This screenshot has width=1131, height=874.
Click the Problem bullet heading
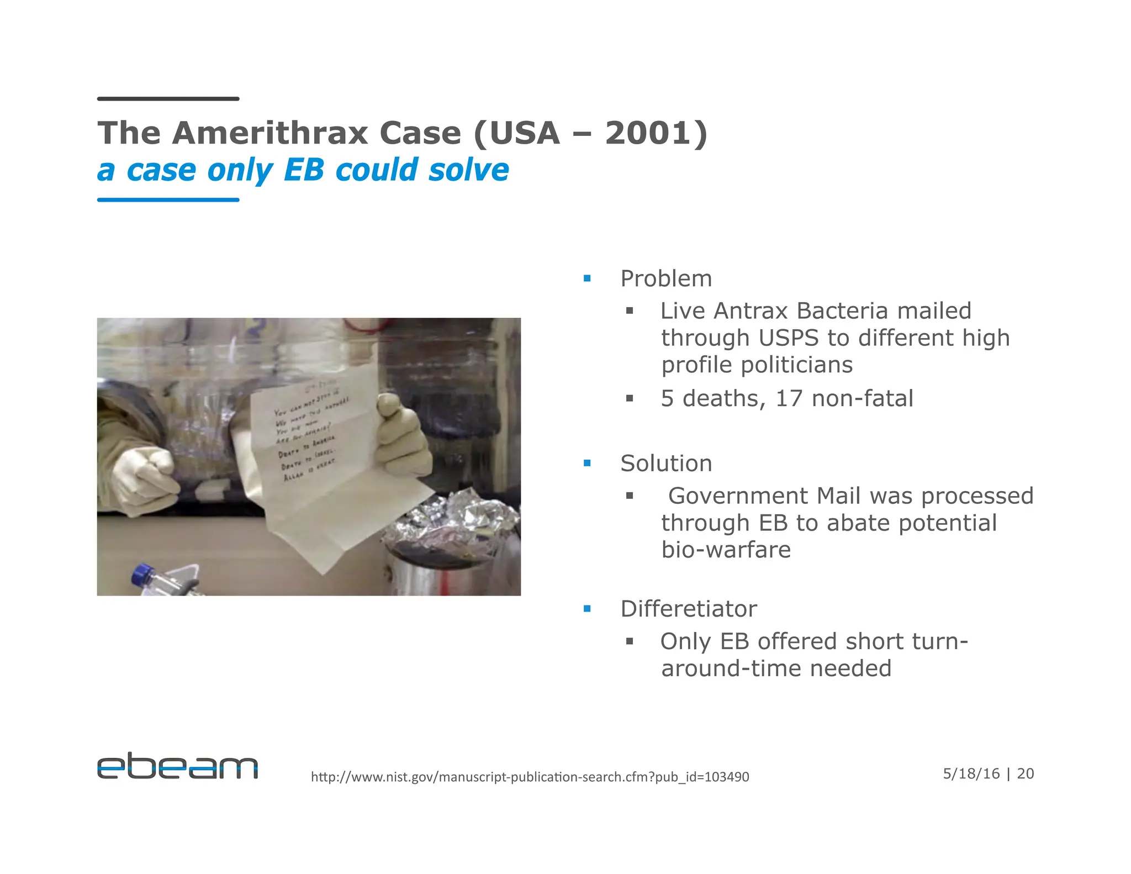pyautogui.click(x=666, y=278)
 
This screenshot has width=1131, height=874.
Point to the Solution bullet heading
pyautogui.click(x=666, y=464)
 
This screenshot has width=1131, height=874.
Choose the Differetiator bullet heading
pyautogui.click(x=689, y=609)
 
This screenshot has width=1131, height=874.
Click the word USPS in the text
pyautogui.click(x=788, y=338)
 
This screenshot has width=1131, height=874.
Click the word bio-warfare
pyautogui.click(x=726, y=550)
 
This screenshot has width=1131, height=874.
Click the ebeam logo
pyautogui.click(x=177, y=766)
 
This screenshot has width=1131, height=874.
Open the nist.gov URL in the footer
pyautogui.click(x=530, y=777)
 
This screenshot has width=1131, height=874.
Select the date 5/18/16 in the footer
pyautogui.click(x=971, y=773)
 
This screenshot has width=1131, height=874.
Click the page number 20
pyautogui.click(x=1025, y=773)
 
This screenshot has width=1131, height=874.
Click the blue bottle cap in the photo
pyautogui.click(x=143, y=574)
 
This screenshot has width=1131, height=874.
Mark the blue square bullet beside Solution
pyautogui.click(x=587, y=464)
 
